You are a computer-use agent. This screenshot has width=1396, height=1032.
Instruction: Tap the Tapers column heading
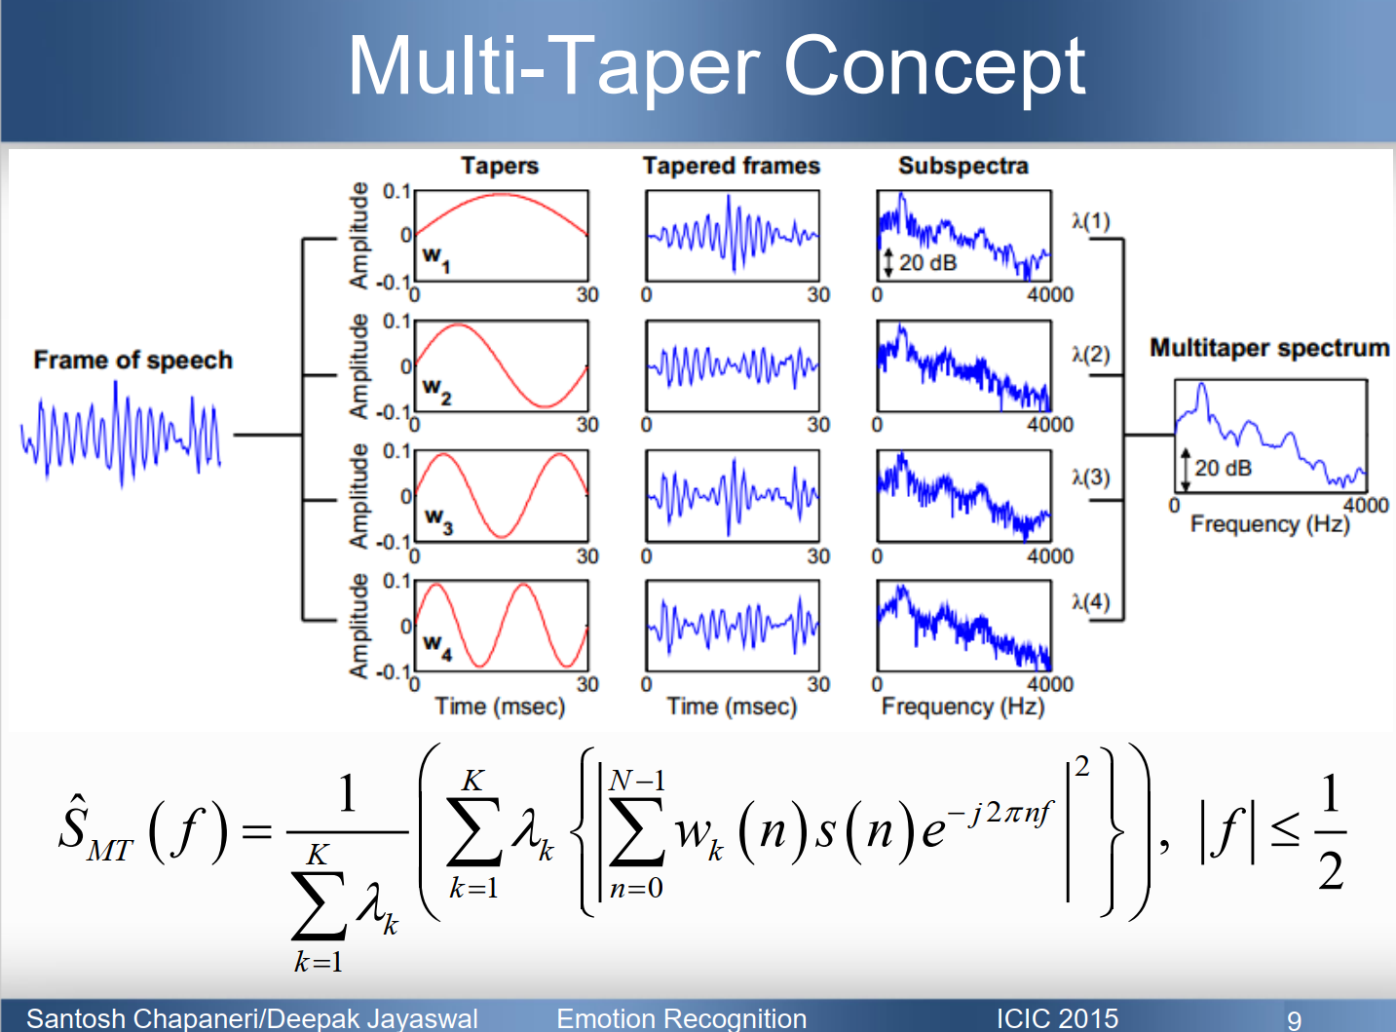point(500,166)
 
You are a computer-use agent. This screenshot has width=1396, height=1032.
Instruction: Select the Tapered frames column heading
point(731,166)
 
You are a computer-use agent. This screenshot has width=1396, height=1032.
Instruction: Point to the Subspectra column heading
point(962,166)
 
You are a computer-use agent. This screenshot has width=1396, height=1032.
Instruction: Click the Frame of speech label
point(133,361)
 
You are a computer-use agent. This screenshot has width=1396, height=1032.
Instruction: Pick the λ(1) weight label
point(1091,221)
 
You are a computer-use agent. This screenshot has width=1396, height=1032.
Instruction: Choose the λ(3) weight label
point(1091,478)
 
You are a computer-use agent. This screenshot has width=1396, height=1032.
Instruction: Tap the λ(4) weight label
point(1091,602)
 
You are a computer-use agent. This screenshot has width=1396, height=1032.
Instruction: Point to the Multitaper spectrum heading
point(1269,348)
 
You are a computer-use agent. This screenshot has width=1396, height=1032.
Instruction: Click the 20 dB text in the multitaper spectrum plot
point(1223,469)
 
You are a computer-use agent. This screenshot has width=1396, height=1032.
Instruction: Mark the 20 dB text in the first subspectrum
point(927,263)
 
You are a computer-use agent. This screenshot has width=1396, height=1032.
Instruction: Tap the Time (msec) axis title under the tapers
point(500,707)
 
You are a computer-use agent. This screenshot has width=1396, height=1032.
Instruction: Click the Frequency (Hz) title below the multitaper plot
point(1269,524)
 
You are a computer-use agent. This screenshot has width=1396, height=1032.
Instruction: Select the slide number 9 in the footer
point(1294,1019)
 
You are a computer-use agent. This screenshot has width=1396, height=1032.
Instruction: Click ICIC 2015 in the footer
point(1057,1018)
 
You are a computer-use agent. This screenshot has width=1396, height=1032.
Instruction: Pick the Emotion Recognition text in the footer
point(682,1018)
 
